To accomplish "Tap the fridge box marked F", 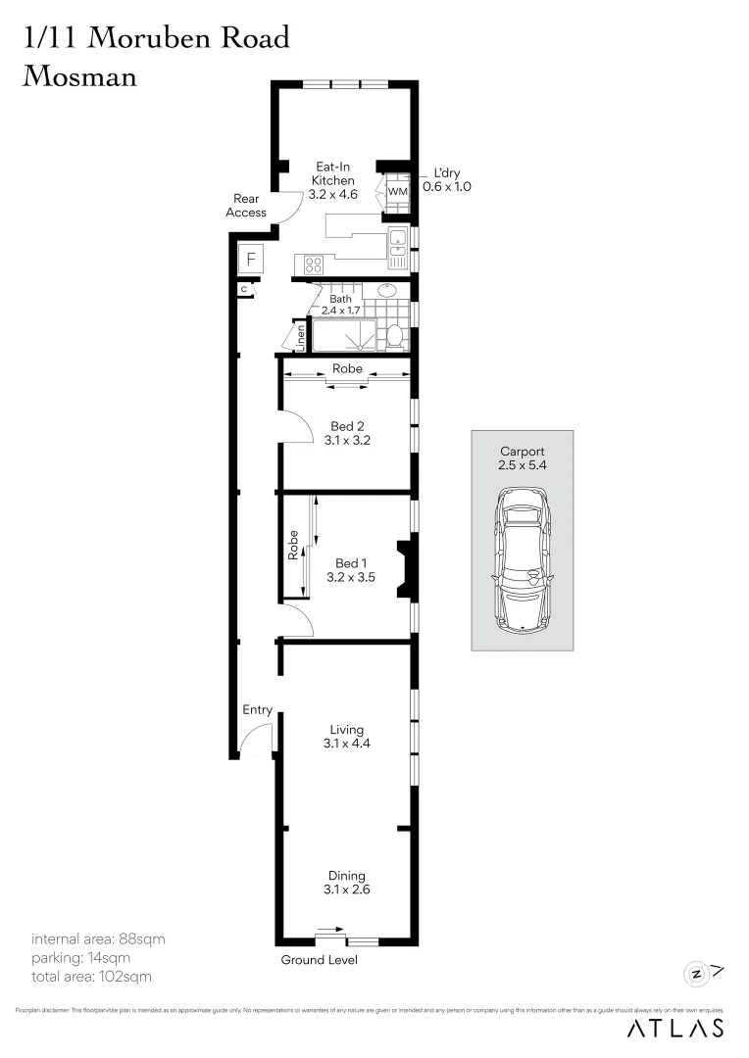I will tap(251, 260).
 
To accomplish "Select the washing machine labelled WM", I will tap(397, 191).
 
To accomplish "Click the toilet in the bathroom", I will tap(395, 336).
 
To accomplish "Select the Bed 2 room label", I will tap(342, 426).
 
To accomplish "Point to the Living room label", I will tap(347, 730).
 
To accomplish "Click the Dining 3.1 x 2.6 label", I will tap(347, 883).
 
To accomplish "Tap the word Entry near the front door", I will tap(257, 710).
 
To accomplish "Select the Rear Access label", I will tap(246, 206).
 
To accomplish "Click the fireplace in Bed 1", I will tap(405, 568).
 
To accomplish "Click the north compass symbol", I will tap(697, 973).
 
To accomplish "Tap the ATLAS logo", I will tap(675, 1028).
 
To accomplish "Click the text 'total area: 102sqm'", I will tap(91, 976).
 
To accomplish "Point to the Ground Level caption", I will tap(320, 960).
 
